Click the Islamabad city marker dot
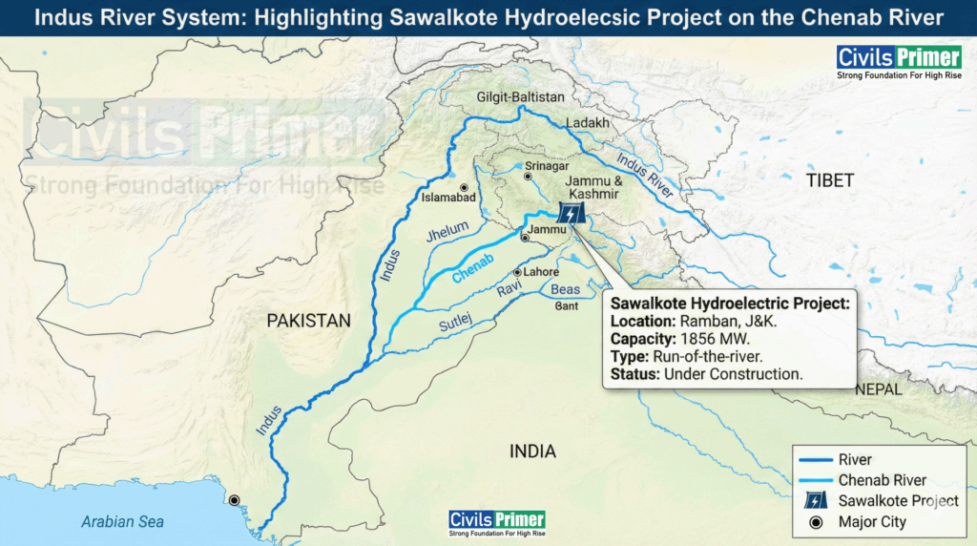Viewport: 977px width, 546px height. tap(464, 188)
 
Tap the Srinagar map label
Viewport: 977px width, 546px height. tap(547, 166)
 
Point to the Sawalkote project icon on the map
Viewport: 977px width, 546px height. tap(571, 214)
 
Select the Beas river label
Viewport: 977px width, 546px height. tap(566, 289)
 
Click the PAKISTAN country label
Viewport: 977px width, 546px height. tap(308, 321)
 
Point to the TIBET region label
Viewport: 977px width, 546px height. tap(829, 180)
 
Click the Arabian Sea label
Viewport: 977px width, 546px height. tap(122, 521)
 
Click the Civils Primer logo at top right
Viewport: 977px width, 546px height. tap(885, 63)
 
